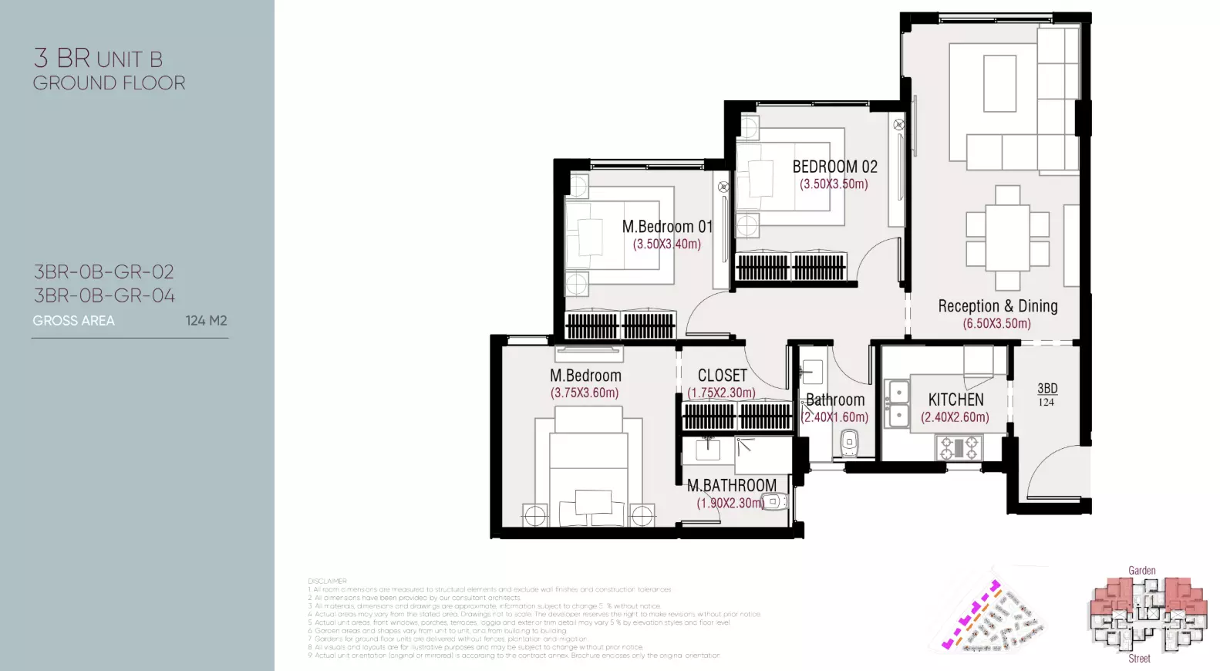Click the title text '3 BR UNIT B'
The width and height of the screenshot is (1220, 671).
98,59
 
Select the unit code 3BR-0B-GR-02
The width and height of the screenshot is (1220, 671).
104,272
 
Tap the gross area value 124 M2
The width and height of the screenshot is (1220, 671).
206,321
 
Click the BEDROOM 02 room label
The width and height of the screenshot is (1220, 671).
834,167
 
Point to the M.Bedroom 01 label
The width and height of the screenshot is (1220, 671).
667,227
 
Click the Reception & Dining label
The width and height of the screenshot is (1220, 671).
997,306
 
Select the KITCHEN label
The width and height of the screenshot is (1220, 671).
955,400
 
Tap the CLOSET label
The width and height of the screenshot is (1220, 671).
723,376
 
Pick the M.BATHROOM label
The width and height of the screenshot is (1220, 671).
732,485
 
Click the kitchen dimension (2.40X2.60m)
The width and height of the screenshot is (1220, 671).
955,417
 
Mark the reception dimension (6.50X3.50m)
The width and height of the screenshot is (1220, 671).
996,324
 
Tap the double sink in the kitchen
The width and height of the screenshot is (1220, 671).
896,403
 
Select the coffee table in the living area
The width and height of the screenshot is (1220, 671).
999,83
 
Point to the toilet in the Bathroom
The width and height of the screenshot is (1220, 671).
849,442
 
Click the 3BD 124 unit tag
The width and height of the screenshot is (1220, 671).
1046,394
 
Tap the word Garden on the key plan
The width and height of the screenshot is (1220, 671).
1141,571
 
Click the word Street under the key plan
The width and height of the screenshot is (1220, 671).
1139,659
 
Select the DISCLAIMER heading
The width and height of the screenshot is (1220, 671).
327,581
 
